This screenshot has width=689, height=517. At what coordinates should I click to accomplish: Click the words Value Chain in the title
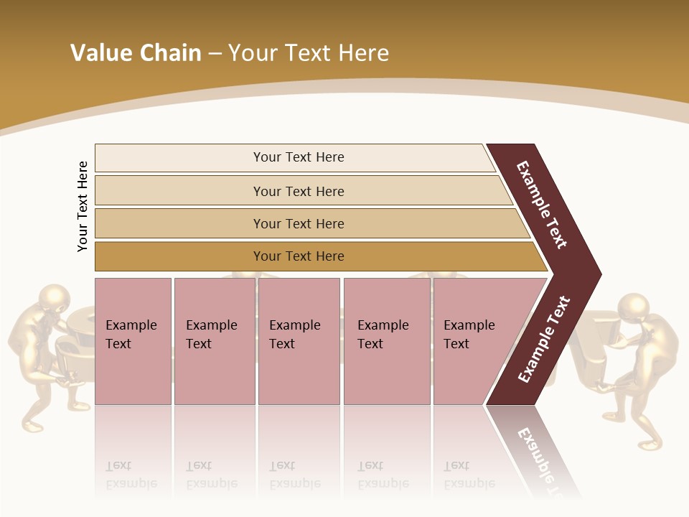point(136,53)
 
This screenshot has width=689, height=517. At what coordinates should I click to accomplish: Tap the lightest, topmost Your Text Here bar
point(298,157)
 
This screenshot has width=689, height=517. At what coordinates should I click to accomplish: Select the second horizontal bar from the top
point(298,191)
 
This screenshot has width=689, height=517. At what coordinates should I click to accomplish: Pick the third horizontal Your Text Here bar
point(298,223)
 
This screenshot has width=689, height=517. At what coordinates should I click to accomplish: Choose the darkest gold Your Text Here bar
point(298,256)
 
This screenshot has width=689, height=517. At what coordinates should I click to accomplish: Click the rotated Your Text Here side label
point(83,206)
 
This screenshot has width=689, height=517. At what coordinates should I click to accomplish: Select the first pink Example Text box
point(133,340)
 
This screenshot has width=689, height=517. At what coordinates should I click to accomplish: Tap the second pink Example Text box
point(214,340)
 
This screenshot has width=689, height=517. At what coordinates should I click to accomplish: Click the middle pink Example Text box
point(299,340)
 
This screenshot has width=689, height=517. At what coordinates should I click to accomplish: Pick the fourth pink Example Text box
point(386,340)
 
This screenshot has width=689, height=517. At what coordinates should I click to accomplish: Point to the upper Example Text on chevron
point(542,205)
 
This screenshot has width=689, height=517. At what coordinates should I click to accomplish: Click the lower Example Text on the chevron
point(544,340)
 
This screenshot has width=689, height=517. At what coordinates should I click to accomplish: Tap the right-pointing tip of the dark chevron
point(597,274)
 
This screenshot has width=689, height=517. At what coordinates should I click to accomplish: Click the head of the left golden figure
point(55,299)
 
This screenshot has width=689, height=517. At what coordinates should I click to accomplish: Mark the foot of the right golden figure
point(650,445)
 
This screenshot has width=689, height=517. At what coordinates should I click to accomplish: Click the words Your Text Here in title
point(309,53)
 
